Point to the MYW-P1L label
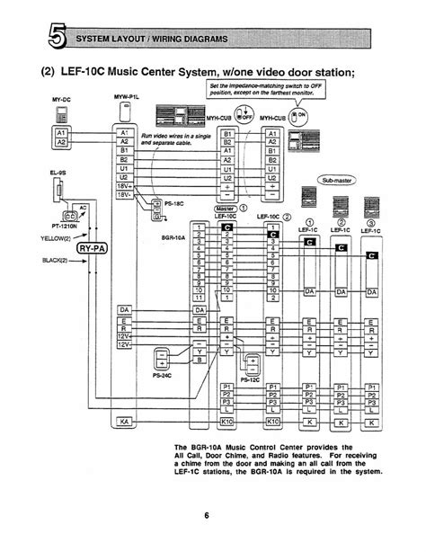click(126, 95)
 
